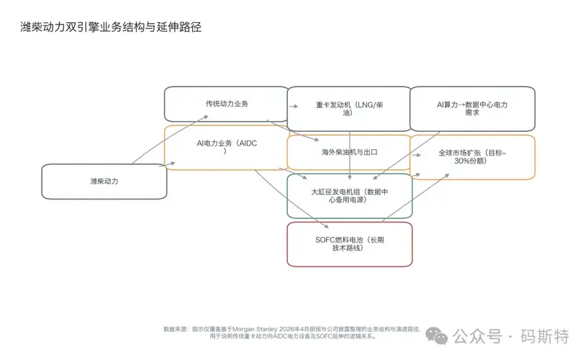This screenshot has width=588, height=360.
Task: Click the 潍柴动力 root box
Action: [x=104, y=181]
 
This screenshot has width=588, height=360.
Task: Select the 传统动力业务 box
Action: [x=226, y=104]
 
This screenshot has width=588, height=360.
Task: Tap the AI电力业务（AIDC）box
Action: [x=226, y=148]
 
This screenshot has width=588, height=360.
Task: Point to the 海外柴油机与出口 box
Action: [x=349, y=153]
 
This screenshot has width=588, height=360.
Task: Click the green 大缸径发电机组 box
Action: [x=349, y=195]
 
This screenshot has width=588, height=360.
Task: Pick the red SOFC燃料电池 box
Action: [x=349, y=243]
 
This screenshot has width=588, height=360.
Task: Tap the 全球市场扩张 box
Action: [x=472, y=157]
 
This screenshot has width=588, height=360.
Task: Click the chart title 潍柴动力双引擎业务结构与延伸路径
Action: [x=111, y=28]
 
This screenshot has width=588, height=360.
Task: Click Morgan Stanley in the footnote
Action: [x=260, y=330]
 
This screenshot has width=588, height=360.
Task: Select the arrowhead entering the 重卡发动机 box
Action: [x=294, y=107]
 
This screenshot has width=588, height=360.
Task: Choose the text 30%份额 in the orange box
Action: [x=472, y=163]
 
